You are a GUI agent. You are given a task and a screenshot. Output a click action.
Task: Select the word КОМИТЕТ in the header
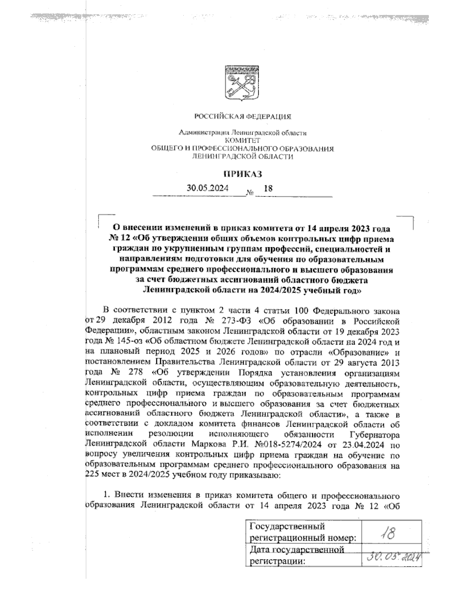242,141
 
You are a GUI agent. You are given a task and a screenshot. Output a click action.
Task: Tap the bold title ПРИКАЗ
242,174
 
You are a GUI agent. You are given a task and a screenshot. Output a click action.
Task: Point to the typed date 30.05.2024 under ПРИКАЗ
207,189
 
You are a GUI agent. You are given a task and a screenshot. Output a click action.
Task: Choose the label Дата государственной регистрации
296,555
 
